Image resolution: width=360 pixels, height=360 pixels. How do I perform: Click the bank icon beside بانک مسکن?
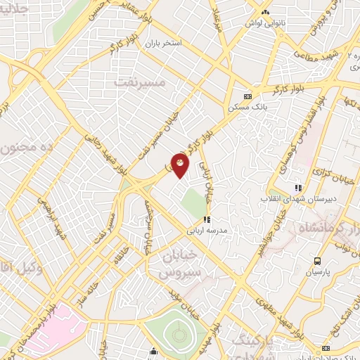pyautogui.click(x=247, y=96)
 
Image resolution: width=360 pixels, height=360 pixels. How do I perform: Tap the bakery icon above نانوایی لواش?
pyautogui.click(x=264, y=12)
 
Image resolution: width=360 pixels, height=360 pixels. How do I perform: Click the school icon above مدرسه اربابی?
pyautogui.click(x=207, y=219)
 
